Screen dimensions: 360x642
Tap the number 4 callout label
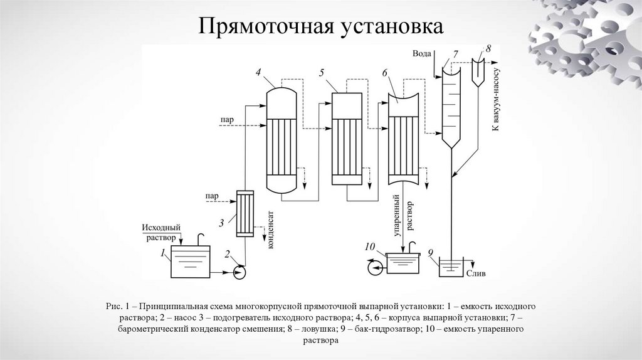258,72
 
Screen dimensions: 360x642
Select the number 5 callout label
322,73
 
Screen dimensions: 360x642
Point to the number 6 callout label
384,73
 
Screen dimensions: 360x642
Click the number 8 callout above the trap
488,48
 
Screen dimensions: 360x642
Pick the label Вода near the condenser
422,54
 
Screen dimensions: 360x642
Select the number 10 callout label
370,246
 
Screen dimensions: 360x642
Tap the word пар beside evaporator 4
227,119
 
